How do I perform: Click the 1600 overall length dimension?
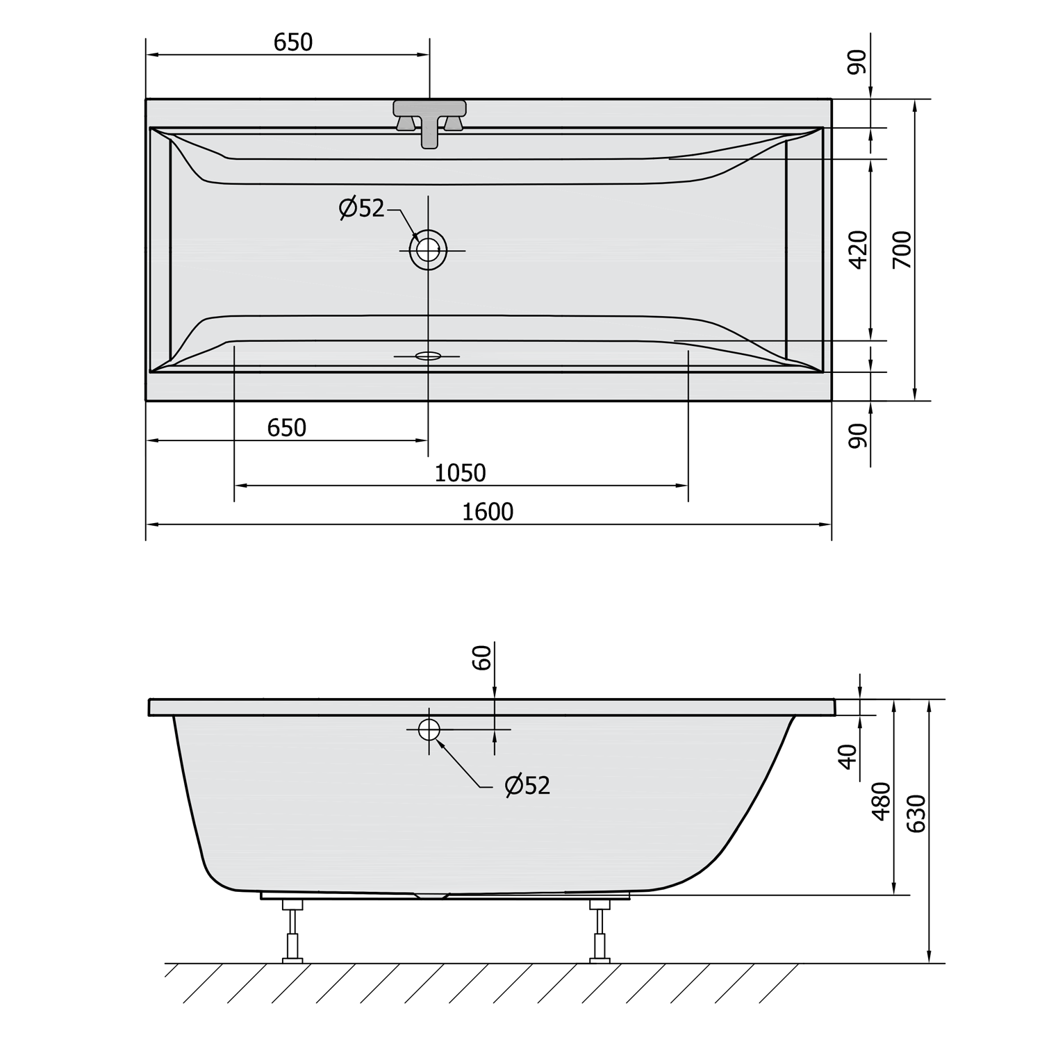point(488,512)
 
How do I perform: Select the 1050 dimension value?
point(460,473)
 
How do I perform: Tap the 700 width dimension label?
point(902,249)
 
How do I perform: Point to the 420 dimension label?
point(859,249)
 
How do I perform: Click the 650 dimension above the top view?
point(293,42)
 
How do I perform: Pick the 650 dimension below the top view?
point(286,428)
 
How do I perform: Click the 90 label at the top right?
point(858,63)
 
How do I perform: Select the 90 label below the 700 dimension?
point(859,436)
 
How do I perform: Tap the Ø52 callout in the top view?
point(362,207)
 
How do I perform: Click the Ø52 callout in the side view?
point(528,786)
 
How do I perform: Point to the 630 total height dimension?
point(917,814)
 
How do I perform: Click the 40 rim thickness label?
point(847,756)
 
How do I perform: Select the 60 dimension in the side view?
point(482,657)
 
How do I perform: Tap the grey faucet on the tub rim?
point(430,118)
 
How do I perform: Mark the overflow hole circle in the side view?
point(429,729)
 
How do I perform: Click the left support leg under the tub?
point(292,931)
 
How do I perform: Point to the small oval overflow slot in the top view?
point(428,356)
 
